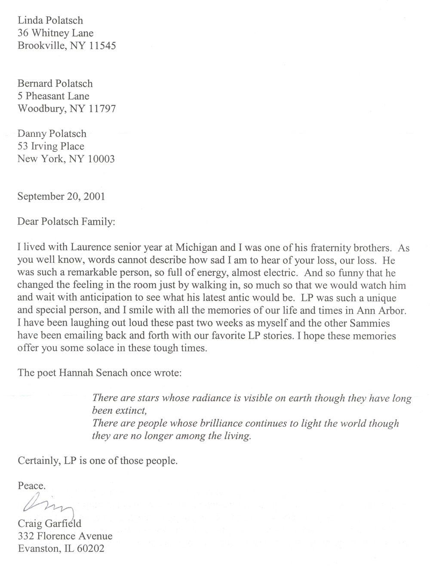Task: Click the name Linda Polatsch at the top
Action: (x=50, y=20)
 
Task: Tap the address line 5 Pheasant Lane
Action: (x=53, y=96)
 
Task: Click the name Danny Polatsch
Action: (x=52, y=134)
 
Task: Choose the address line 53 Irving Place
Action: (x=51, y=146)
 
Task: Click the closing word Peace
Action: (x=31, y=486)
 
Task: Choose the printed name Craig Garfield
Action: (x=49, y=523)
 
